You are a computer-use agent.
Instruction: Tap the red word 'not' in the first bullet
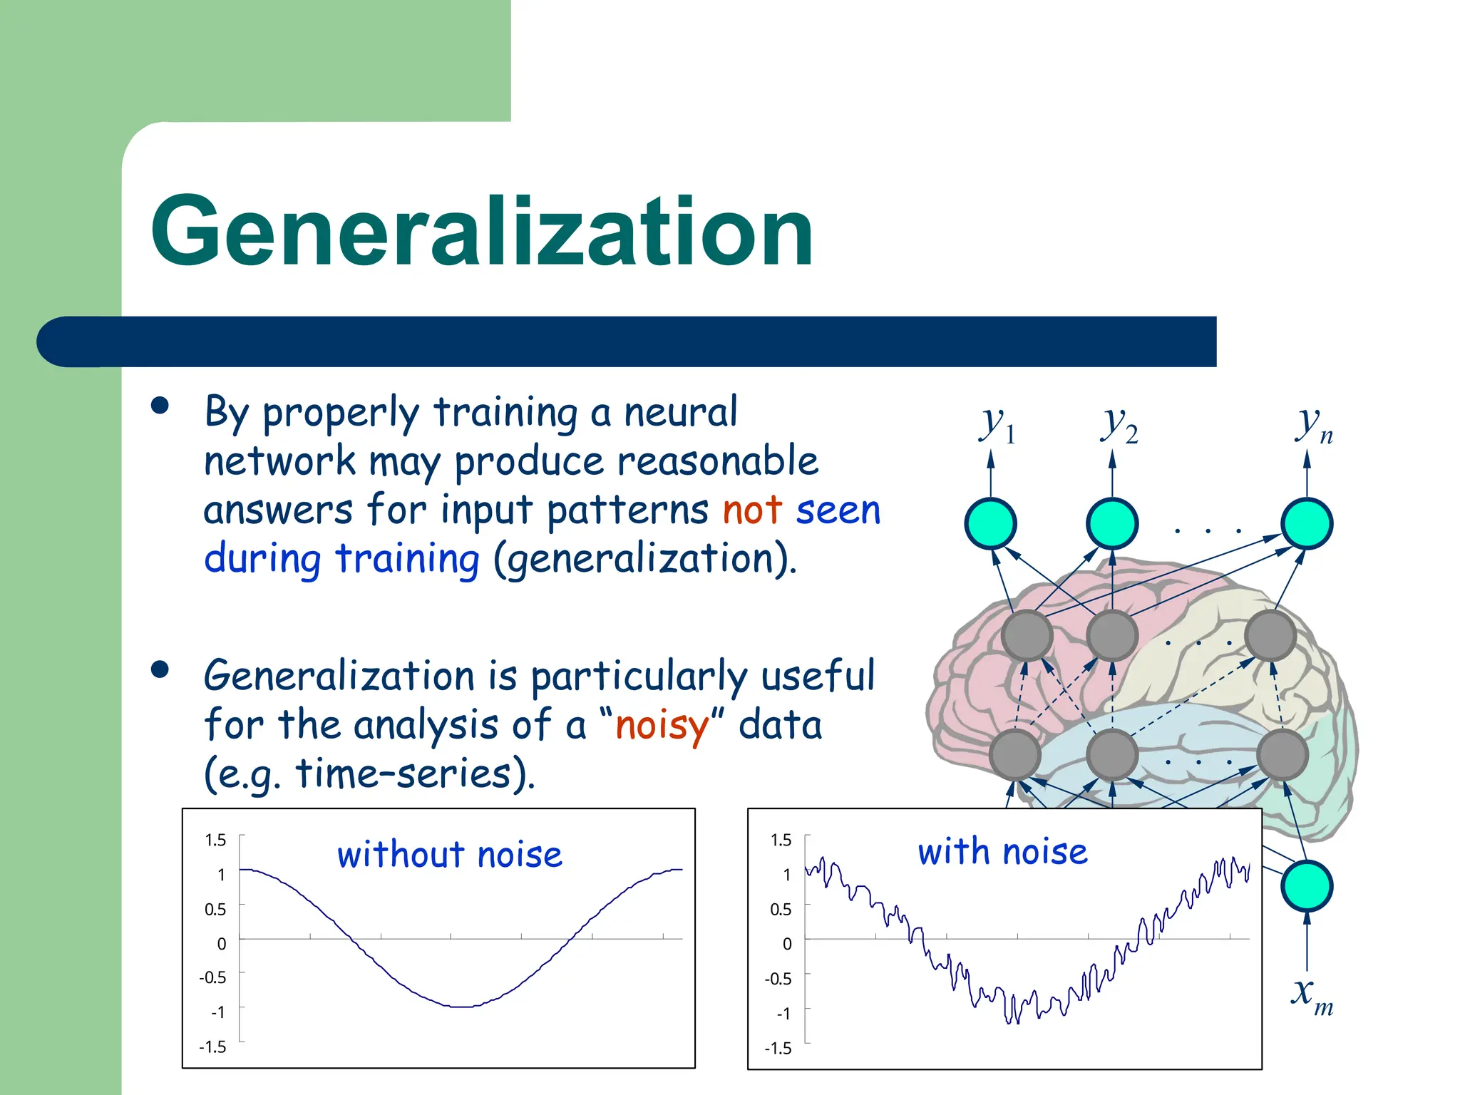[x=753, y=510]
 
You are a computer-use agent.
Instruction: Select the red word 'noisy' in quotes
[x=662, y=726]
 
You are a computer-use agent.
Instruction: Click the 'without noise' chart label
[x=450, y=854]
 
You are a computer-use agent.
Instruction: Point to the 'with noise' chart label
[x=1002, y=852]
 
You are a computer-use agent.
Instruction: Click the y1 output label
[x=997, y=425]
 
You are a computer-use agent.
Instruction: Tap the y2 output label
[x=1119, y=425]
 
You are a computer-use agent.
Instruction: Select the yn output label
[x=1313, y=425]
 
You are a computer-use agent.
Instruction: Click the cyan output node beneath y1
[x=990, y=523]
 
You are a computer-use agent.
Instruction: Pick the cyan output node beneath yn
[x=1306, y=523]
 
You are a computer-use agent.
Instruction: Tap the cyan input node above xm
[x=1306, y=885]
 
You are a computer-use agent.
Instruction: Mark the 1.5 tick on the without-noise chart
[x=215, y=840]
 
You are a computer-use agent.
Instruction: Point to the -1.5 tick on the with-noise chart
[x=778, y=1048]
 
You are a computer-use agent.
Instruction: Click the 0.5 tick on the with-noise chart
[x=781, y=909]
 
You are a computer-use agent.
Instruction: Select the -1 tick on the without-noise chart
[x=217, y=1012]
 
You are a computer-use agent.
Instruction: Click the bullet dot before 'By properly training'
[x=160, y=406]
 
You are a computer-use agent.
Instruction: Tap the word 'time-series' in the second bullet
[x=403, y=774]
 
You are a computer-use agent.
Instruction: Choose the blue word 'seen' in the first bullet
[x=838, y=510]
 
